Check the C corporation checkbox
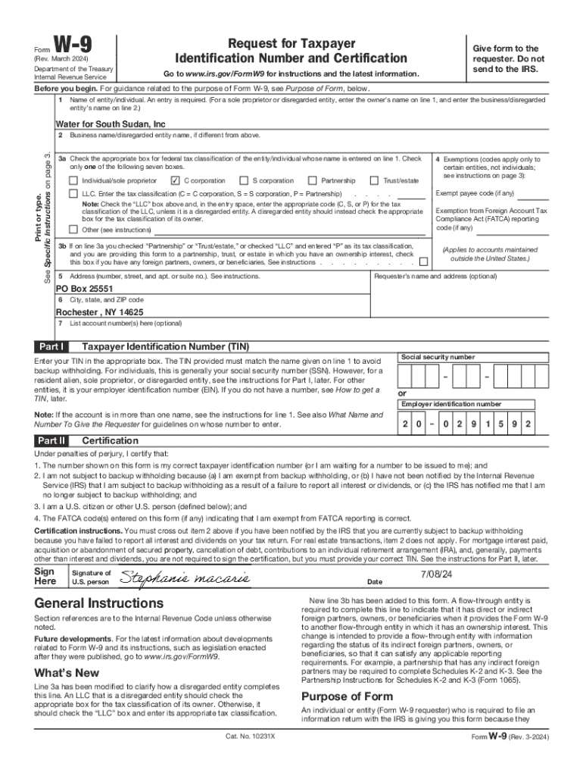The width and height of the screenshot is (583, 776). coord(175,181)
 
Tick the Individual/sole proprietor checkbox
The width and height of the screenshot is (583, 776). coord(73,181)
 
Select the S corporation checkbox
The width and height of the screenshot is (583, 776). coord(244,181)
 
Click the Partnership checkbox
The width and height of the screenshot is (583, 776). coord(312,181)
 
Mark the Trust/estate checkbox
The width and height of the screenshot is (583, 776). coord(374,181)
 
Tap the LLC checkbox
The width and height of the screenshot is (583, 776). coord(73,194)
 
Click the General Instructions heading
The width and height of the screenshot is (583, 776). coord(99,603)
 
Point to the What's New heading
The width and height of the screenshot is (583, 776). coord(67,673)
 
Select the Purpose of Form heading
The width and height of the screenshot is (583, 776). coord(347,696)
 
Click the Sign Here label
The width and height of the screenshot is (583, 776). coord(47,576)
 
